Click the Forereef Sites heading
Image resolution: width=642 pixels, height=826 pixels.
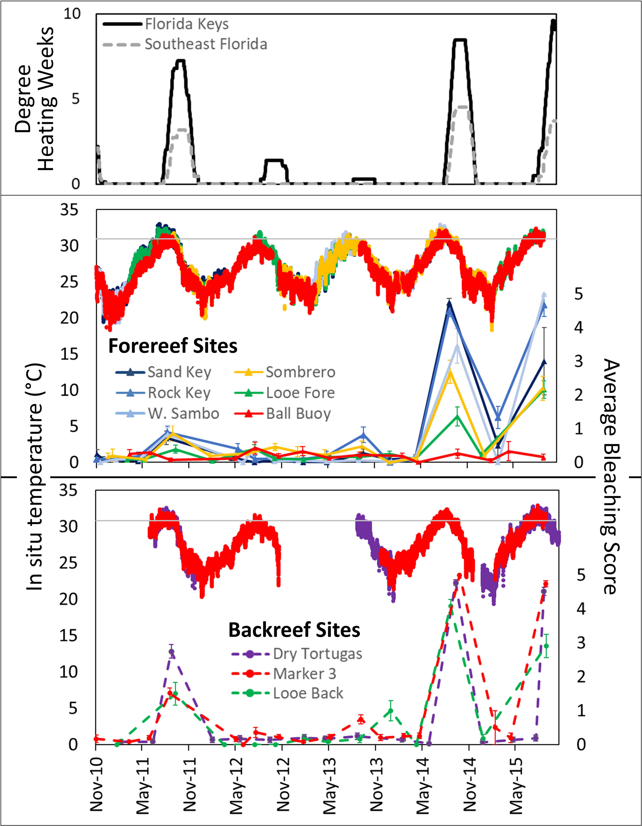pyautogui.click(x=173, y=346)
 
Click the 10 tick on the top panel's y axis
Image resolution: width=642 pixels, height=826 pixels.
pyautogui.click(x=72, y=14)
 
